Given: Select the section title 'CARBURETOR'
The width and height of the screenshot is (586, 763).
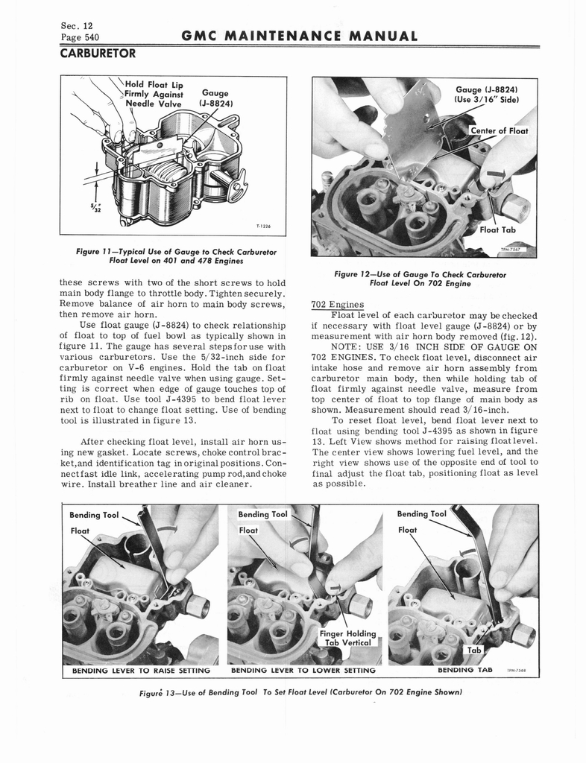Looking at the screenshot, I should (98, 54).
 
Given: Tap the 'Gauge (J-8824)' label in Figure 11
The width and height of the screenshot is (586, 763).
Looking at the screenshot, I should (215, 99).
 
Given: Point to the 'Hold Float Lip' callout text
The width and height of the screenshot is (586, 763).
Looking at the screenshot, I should (149, 84).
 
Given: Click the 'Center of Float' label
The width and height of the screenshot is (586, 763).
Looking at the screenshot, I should (499, 131).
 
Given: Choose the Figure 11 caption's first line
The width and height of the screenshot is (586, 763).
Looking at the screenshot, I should (176, 252).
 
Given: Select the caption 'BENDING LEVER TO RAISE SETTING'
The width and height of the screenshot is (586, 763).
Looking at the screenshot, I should (140, 671).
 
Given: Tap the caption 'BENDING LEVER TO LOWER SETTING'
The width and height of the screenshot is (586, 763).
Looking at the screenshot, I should (303, 671).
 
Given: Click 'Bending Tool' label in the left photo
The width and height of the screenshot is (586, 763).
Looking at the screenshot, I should (93, 515).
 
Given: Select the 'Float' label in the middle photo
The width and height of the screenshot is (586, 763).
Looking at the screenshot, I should (249, 531).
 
